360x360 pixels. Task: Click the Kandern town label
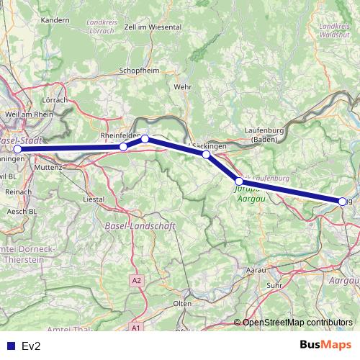[x=55, y=20]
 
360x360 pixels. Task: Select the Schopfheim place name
[x=140, y=71]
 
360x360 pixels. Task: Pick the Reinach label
[x=18, y=192]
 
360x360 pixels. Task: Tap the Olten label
[x=183, y=304]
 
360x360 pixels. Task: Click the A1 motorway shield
[x=135, y=328]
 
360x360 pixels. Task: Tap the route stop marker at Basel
[x=18, y=150]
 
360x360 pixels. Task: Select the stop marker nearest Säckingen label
[x=206, y=154]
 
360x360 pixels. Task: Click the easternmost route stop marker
[x=342, y=202]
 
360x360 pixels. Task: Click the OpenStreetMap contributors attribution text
[x=299, y=323]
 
